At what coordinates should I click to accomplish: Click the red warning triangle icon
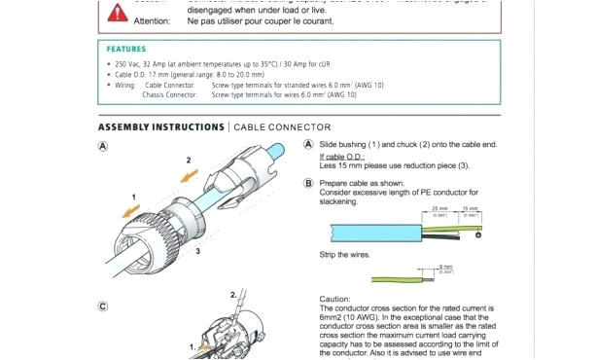pos(118,13)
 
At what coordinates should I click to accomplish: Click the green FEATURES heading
pos(127,49)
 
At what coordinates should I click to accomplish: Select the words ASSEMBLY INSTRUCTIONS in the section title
pos(160,127)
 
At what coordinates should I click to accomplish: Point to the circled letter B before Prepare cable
pos(308,183)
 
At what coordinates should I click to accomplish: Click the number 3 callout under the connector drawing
pos(197,251)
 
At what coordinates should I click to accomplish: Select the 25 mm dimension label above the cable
pos(439,209)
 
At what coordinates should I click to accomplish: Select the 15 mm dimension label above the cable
pos(471,209)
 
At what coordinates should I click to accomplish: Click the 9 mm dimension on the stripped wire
pos(446,267)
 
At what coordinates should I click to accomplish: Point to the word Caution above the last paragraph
pos(335,299)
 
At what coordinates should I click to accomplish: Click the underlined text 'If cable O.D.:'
pos(342,156)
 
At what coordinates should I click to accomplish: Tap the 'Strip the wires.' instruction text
pos(345,254)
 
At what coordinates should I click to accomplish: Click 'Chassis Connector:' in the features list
pos(169,95)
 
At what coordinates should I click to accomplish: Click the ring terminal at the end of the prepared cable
pos(478,234)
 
